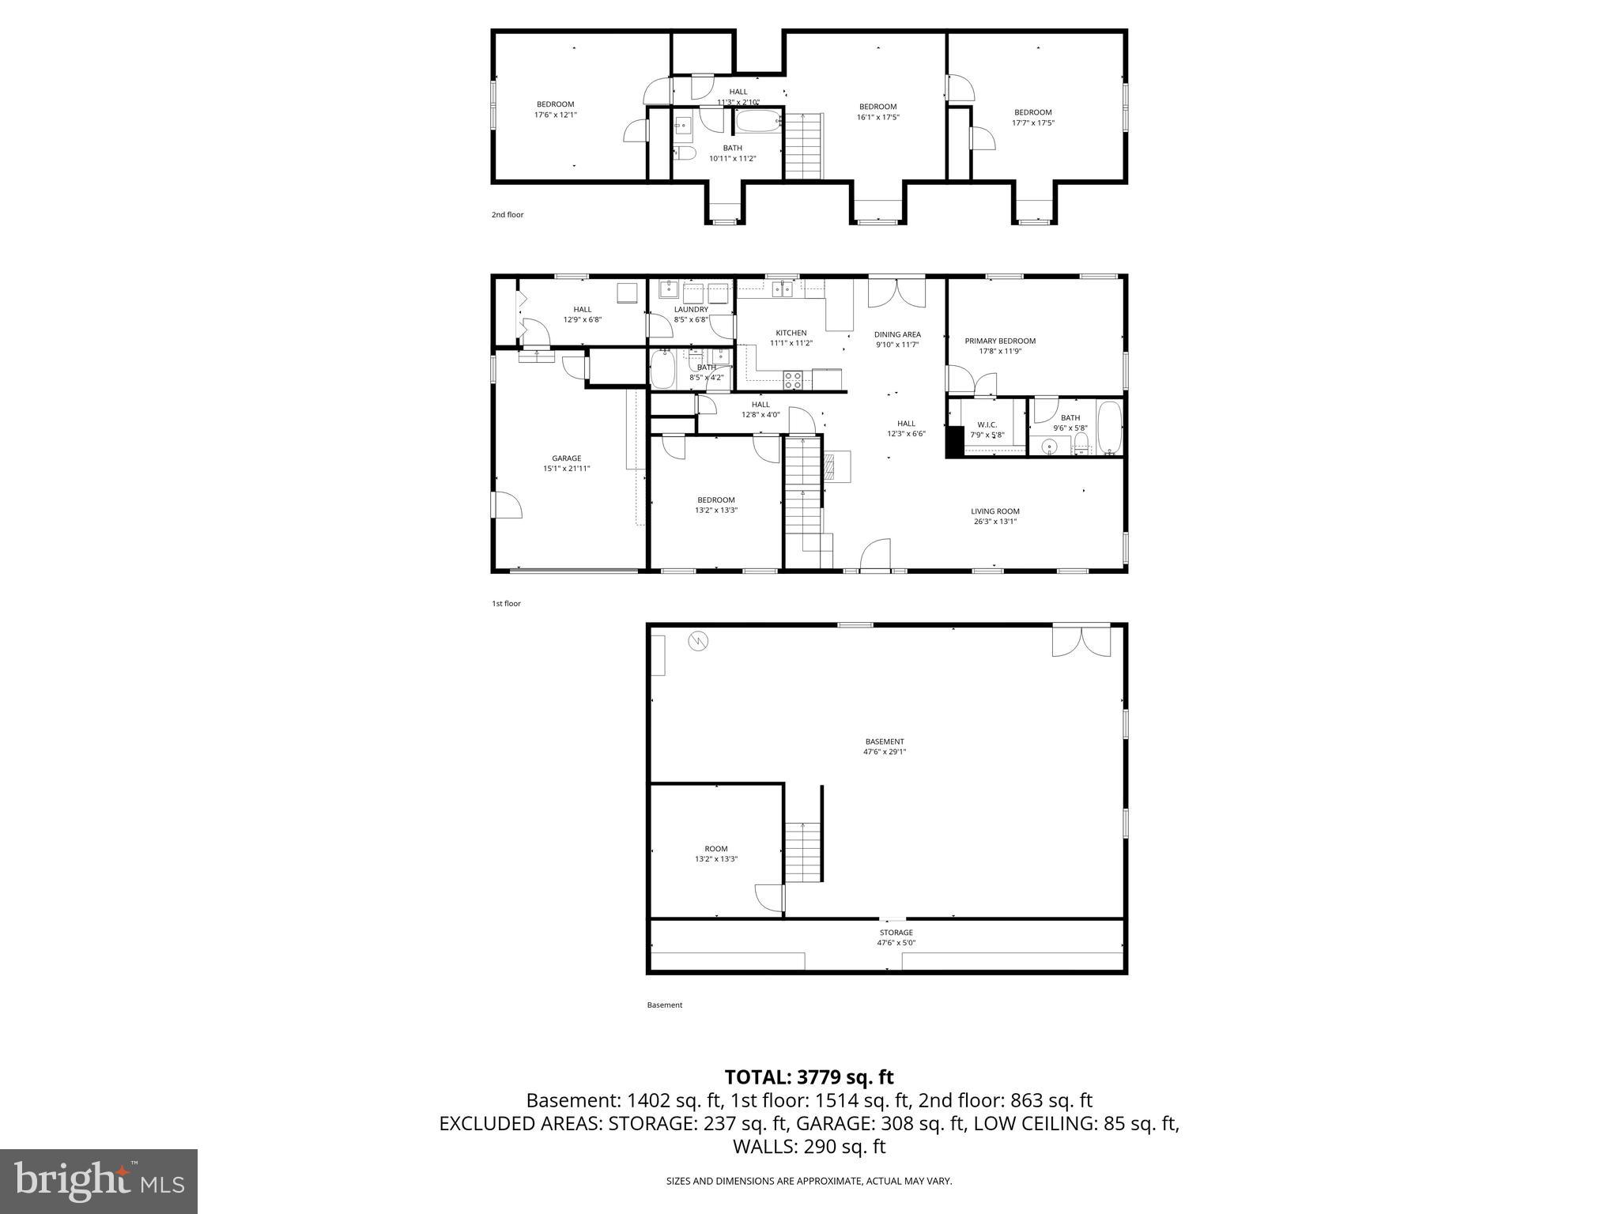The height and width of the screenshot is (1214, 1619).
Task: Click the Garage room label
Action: click(x=566, y=458)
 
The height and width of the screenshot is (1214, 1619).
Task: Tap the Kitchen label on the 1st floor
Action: click(x=791, y=333)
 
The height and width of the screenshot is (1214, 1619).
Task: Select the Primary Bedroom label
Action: click(x=999, y=341)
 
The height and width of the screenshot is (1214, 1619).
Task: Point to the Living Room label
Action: click(x=994, y=511)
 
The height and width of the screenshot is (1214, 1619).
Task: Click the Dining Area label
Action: click(x=897, y=334)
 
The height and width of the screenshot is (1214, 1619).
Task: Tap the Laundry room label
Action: click(x=691, y=310)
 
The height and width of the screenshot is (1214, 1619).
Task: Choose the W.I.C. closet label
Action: click(x=987, y=425)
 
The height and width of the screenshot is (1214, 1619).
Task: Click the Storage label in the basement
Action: click(x=896, y=933)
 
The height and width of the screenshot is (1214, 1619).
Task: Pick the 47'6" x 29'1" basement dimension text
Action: click(x=884, y=752)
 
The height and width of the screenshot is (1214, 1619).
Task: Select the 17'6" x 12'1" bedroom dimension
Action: click(x=555, y=115)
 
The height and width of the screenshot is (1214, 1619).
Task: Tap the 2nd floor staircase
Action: click(x=803, y=146)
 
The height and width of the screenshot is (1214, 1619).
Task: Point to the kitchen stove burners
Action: click(x=792, y=380)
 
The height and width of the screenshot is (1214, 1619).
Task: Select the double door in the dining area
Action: click(x=896, y=292)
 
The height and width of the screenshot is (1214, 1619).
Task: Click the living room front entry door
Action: click(x=875, y=554)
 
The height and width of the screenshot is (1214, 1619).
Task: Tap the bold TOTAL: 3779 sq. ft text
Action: click(x=809, y=1077)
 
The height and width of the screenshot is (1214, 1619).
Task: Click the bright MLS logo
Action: click(x=99, y=1182)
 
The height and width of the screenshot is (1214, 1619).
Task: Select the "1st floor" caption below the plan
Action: click(x=506, y=604)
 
